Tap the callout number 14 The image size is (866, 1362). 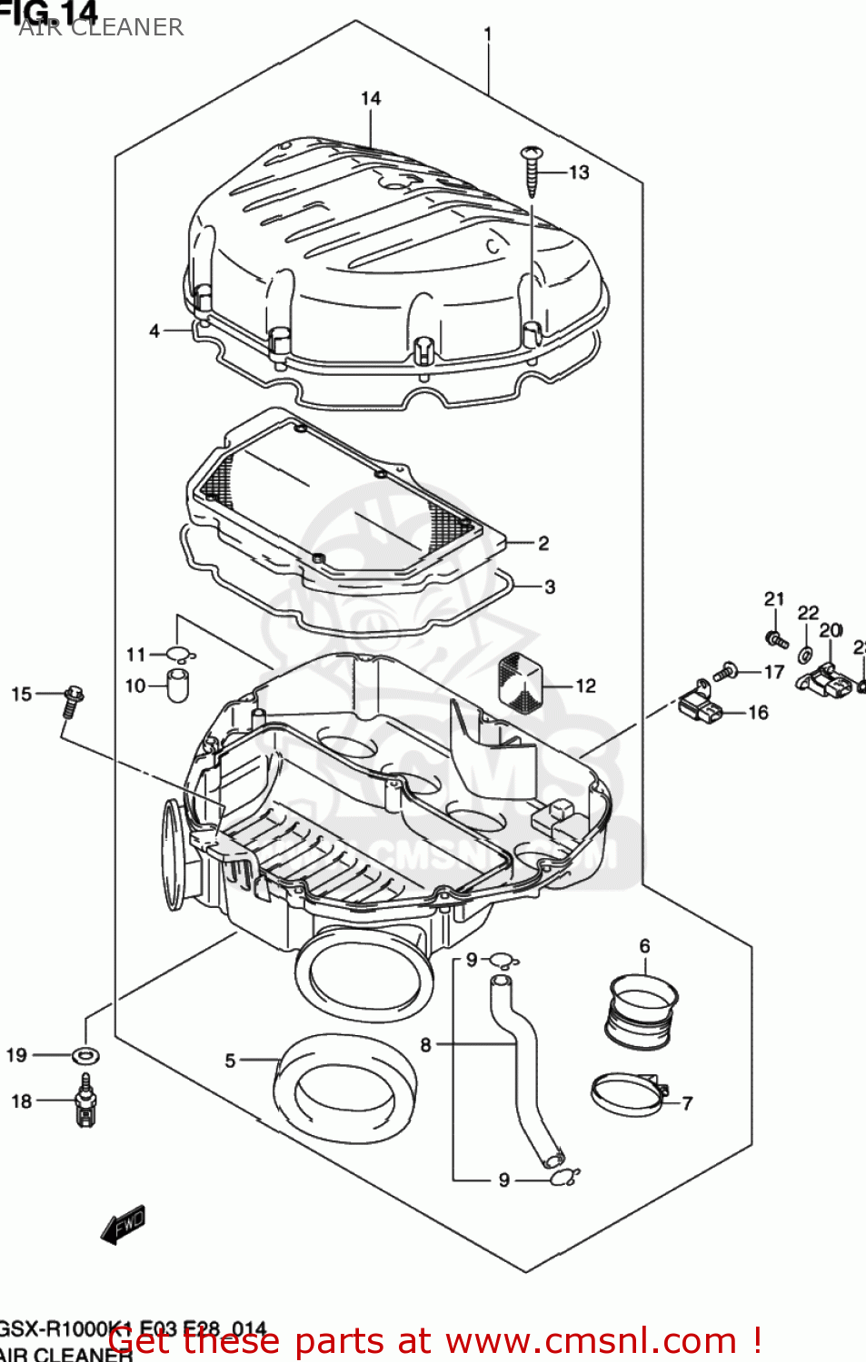(371, 98)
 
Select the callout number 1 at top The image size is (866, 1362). (488, 35)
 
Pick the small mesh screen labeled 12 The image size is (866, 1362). (521, 680)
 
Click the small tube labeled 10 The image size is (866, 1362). (178, 685)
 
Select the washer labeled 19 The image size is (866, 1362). (86, 1055)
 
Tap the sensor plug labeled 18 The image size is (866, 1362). (86, 1100)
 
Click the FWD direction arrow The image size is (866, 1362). (124, 1225)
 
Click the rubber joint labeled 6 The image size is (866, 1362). (642, 1010)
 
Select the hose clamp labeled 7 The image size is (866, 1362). (630, 1093)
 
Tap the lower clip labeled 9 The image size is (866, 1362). (564, 1178)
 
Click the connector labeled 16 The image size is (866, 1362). (699, 705)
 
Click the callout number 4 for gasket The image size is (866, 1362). (154, 331)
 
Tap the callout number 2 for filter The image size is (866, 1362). (543, 543)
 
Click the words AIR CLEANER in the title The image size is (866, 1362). (101, 27)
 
